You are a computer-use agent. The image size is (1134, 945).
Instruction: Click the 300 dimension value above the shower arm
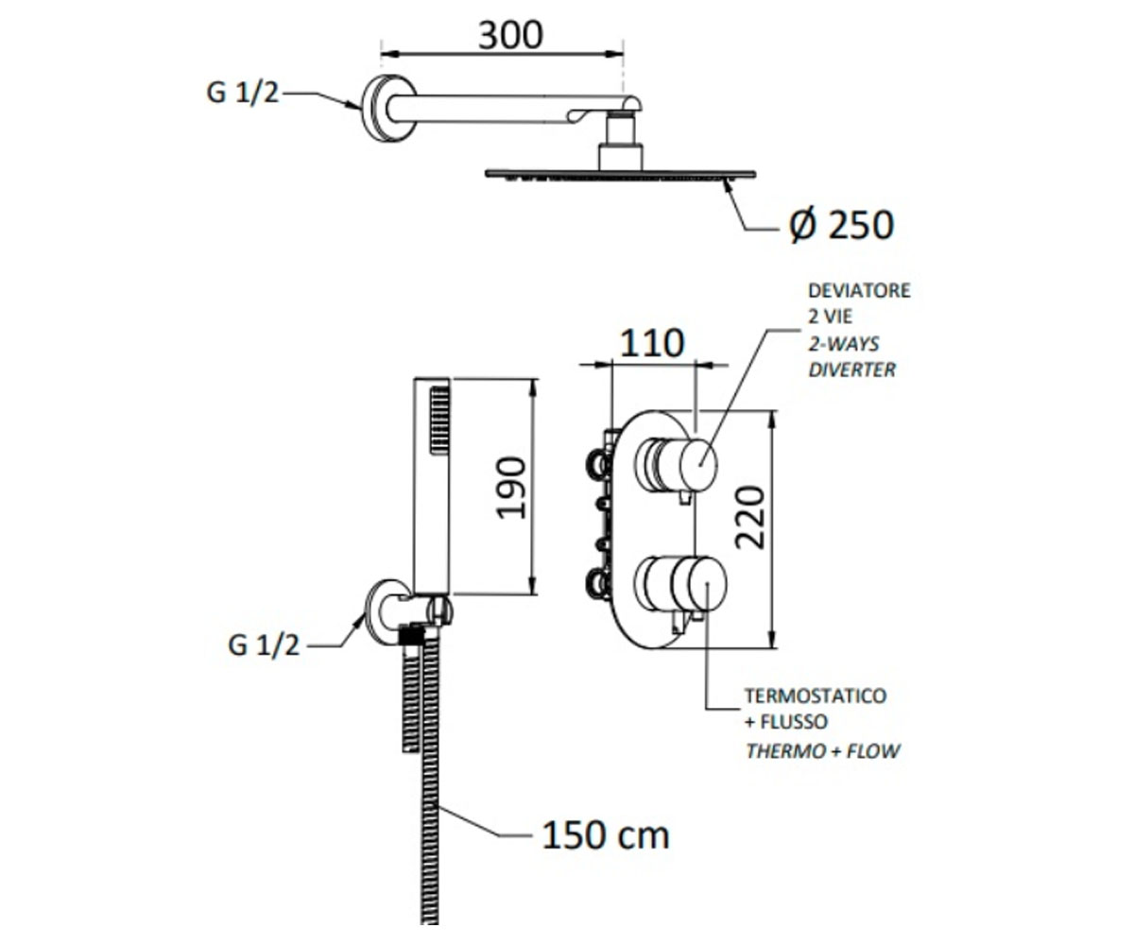(510, 35)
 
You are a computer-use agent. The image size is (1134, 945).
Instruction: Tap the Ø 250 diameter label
(841, 225)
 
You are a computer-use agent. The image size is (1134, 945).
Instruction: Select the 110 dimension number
(652, 343)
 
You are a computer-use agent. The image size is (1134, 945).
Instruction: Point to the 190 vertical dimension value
(511, 488)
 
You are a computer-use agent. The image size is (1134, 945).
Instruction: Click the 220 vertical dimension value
(750, 518)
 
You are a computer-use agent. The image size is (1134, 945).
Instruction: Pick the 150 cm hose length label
(606, 835)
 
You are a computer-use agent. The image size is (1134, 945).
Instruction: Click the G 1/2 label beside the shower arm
(242, 93)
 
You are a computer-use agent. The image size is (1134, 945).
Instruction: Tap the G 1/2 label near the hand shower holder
(264, 645)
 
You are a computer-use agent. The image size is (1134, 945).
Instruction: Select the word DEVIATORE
(859, 290)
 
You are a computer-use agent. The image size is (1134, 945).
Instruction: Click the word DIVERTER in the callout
(852, 369)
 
